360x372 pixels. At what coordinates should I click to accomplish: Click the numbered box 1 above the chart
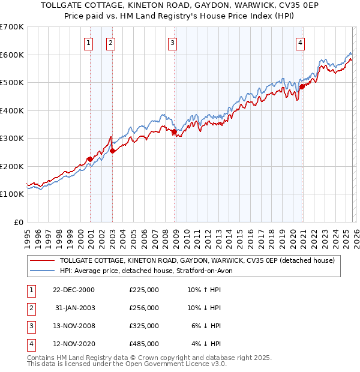[x=89, y=43]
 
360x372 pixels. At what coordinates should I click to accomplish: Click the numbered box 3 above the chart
[x=172, y=43]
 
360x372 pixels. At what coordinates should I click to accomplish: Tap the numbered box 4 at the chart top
[x=299, y=43]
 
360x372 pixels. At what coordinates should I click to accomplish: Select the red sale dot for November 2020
[x=302, y=86]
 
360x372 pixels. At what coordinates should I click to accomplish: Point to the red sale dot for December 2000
[x=90, y=159]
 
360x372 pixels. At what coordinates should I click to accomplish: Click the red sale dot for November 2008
[x=174, y=131]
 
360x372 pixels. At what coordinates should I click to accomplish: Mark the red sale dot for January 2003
[x=112, y=151]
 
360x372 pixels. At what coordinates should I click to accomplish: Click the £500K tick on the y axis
[x=12, y=83]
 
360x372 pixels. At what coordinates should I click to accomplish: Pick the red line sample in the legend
[x=43, y=260]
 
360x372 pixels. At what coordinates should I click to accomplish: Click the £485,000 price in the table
[x=144, y=344]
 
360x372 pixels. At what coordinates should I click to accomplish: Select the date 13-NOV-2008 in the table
[x=74, y=326]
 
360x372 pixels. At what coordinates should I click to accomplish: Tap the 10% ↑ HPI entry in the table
[x=204, y=290]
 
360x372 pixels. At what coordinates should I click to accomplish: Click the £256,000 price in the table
[x=144, y=308]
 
